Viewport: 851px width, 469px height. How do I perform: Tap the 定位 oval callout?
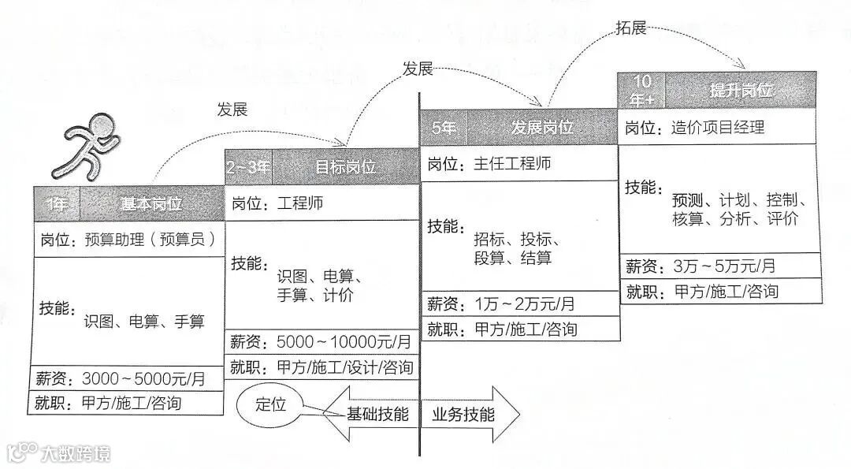pos(271,404)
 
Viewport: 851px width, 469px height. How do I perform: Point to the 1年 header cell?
pos(57,203)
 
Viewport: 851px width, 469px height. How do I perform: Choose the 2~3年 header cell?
pos(248,167)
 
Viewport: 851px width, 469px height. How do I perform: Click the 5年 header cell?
pos(444,127)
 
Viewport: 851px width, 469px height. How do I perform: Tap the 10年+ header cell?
pos(641,89)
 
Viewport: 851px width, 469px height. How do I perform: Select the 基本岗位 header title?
pos(152,203)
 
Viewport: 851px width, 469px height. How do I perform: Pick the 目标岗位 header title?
pos(345,167)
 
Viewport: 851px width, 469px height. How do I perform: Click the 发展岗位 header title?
pos(542,127)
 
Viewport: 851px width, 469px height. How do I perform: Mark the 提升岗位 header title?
pos(740,90)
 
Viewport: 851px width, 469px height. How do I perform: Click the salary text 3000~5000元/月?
pos(143,378)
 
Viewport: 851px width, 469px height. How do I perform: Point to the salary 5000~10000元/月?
pos(344,342)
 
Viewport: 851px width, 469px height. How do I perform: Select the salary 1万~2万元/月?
pos(524,303)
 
